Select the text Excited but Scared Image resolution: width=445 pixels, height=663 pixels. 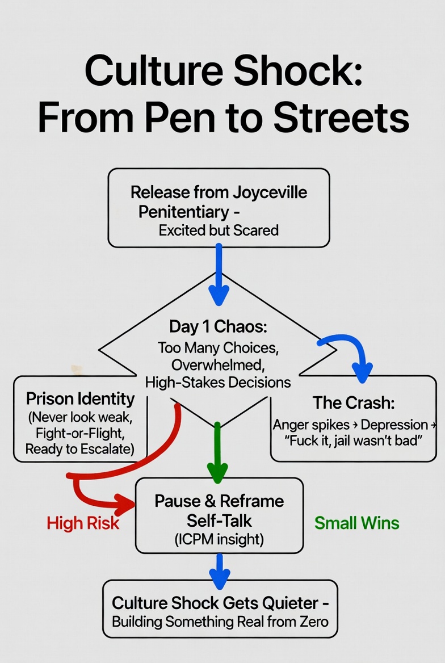click(x=219, y=230)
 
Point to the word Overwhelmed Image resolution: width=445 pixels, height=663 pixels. click(x=219, y=364)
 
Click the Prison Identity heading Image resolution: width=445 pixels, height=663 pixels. click(x=81, y=398)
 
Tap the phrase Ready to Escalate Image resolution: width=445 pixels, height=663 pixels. click(x=79, y=450)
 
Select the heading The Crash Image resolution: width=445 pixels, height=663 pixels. click(x=354, y=403)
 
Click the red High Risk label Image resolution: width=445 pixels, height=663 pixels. click(x=83, y=523)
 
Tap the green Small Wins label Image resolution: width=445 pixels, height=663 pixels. click(x=356, y=523)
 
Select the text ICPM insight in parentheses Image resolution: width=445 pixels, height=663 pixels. click(x=219, y=539)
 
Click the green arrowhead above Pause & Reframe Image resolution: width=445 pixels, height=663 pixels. click(x=217, y=471)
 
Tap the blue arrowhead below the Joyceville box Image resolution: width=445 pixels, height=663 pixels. click(x=219, y=295)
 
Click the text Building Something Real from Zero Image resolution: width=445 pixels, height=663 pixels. click(x=220, y=621)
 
